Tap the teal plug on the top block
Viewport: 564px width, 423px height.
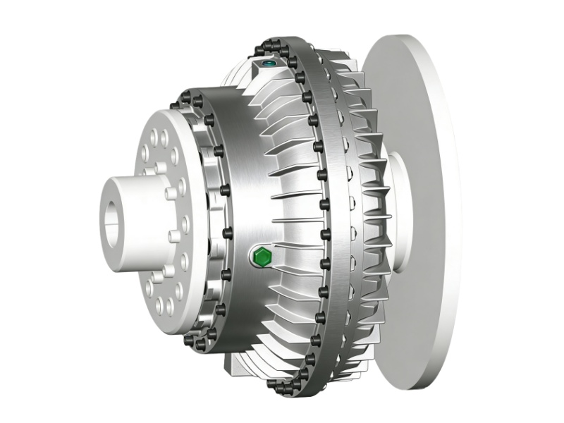pos(269,65)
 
